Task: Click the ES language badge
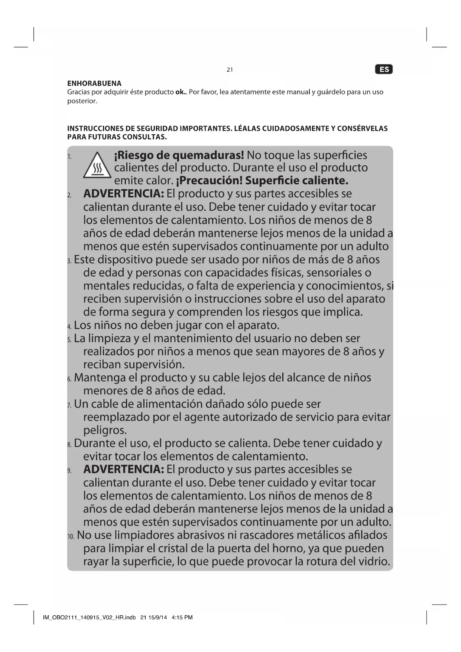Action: coord(384,70)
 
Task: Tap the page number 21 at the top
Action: coord(230,70)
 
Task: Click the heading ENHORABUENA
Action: coord(94,83)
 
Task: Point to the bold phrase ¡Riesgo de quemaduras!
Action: coord(179,155)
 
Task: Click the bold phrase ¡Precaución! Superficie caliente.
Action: coord(262,181)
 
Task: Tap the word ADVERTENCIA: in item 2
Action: coord(123,194)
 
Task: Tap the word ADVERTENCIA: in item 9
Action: coord(123,469)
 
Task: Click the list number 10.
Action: coord(71,536)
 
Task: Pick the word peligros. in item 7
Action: coord(105,430)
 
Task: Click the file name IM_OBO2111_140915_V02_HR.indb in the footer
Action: coord(89,617)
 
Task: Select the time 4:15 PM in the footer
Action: coord(182,617)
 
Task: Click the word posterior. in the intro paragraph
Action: coord(82,101)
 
